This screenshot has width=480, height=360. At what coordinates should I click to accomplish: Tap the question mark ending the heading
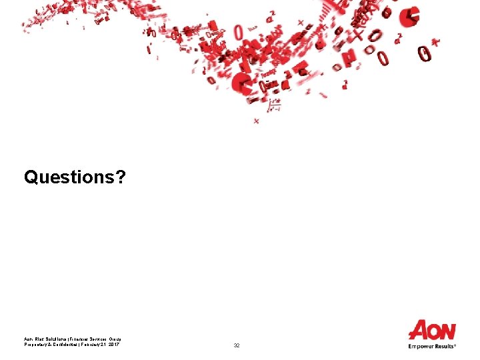click(119, 177)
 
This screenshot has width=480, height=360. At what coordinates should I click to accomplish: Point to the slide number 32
click(237, 346)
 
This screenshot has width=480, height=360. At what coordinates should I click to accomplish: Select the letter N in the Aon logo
click(447, 331)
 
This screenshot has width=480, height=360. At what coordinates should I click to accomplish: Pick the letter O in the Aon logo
click(434, 331)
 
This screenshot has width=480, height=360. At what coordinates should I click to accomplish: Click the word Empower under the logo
click(421, 347)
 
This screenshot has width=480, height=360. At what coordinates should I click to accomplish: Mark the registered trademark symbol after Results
click(455, 345)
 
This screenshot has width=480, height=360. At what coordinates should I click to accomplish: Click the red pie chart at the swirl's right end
click(411, 16)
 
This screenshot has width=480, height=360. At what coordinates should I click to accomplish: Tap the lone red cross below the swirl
click(256, 121)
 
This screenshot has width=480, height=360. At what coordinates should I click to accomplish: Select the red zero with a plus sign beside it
click(425, 52)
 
